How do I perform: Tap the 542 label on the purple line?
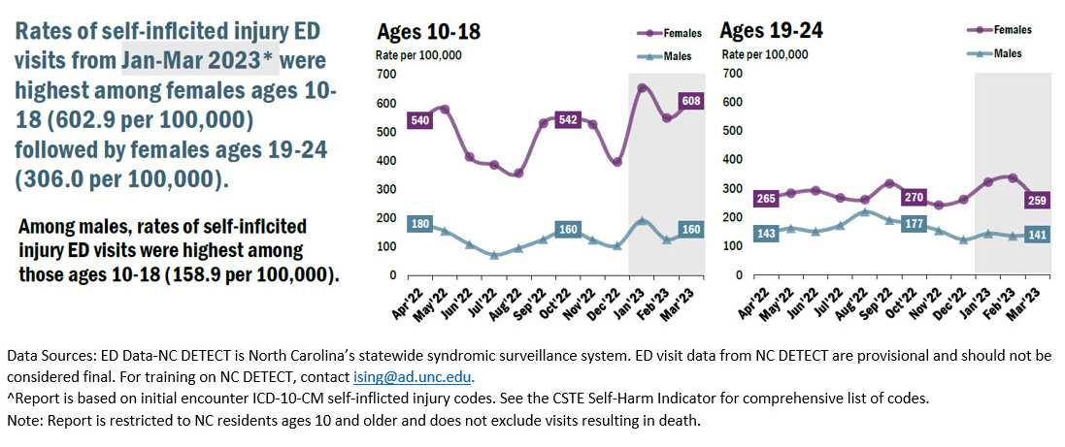click(569, 120)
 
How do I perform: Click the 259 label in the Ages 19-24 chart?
click(1035, 201)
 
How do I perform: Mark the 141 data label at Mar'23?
click(1035, 234)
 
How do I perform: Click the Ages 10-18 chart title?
click(427, 30)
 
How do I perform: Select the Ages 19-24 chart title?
click(772, 30)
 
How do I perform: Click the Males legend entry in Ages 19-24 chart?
click(1000, 53)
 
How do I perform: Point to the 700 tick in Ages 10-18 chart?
click(385, 74)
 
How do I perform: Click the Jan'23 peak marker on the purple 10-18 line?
click(642, 88)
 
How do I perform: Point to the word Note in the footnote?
click(22, 421)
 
